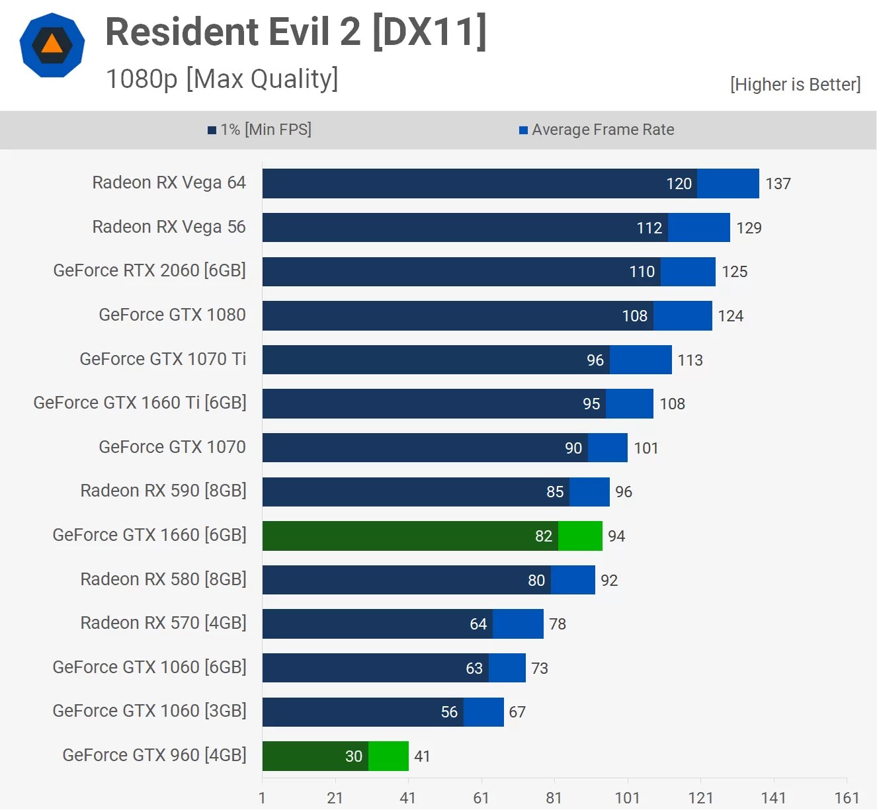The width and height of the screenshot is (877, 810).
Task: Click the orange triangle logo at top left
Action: (x=52, y=45)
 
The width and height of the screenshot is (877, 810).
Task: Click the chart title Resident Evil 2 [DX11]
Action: (x=296, y=31)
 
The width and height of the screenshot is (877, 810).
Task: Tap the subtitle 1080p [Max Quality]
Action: (x=222, y=79)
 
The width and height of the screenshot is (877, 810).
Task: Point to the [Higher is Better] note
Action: (x=795, y=85)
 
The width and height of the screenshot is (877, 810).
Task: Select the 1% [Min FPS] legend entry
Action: (x=259, y=130)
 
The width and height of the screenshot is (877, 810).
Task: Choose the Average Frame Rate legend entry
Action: (x=597, y=130)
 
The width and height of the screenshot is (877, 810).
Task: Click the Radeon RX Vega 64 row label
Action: (x=169, y=182)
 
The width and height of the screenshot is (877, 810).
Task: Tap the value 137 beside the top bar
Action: (x=778, y=184)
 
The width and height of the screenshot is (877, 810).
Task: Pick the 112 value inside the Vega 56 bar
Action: (x=649, y=228)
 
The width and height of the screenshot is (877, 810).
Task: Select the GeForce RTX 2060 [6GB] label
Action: (x=149, y=270)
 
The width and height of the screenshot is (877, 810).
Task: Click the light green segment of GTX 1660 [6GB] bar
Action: (x=580, y=536)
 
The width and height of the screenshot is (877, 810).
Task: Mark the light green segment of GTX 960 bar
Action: (x=388, y=756)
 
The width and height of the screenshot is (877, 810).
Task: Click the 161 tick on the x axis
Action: (x=847, y=798)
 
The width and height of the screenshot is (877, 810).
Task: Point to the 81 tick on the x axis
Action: (x=554, y=798)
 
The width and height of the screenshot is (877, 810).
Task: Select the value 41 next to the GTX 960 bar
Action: (x=422, y=756)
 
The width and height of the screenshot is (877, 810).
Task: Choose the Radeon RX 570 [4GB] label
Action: (x=163, y=623)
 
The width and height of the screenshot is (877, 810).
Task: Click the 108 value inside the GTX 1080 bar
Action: (x=634, y=316)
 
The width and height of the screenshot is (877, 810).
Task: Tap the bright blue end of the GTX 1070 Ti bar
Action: (x=640, y=360)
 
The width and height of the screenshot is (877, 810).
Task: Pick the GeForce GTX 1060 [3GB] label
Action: (x=149, y=711)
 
